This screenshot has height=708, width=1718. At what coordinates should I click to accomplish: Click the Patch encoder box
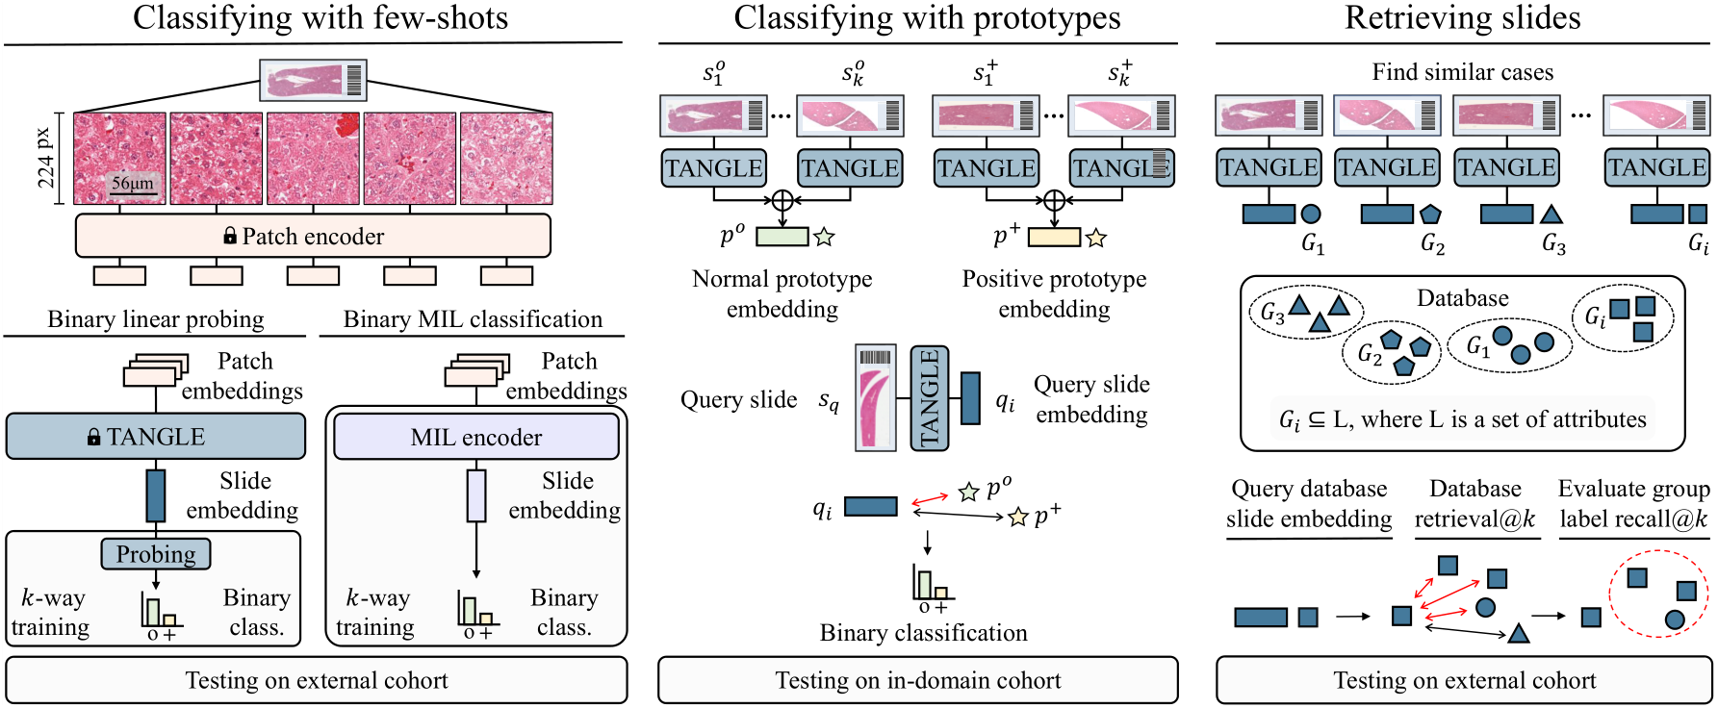click(313, 236)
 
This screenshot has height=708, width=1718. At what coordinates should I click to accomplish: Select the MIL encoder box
click(476, 438)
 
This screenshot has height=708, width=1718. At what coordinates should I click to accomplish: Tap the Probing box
click(156, 554)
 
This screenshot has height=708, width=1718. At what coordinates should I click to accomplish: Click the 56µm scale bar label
click(132, 183)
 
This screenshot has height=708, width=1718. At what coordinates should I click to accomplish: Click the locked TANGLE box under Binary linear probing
click(156, 437)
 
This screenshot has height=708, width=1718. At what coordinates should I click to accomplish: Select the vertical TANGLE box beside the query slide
click(930, 398)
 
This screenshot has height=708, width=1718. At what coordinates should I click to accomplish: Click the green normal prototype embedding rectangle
click(782, 236)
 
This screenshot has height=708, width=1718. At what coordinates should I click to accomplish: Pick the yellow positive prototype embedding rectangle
click(1054, 236)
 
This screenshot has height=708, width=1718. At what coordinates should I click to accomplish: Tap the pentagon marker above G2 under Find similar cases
click(1430, 214)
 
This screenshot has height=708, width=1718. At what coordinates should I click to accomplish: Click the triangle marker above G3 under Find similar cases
click(1551, 215)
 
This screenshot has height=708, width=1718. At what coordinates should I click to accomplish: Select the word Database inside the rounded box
click(1462, 298)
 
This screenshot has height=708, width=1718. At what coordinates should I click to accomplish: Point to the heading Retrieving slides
click(1462, 17)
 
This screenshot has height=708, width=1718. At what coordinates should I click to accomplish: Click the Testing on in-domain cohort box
click(918, 680)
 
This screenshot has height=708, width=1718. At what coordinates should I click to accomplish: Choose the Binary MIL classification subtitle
click(473, 319)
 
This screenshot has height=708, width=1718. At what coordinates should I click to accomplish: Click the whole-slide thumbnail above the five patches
click(313, 81)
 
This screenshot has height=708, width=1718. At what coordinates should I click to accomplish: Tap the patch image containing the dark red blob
click(313, 159)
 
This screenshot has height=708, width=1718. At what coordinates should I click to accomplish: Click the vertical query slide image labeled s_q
click(876, 398)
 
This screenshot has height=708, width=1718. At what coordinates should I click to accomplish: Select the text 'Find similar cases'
click(1462, 72)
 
